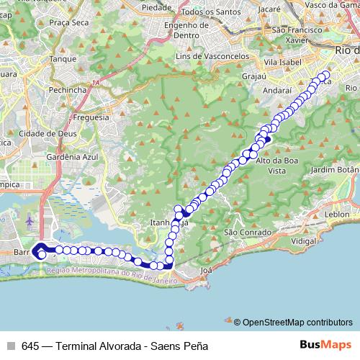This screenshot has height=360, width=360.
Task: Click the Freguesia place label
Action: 91,117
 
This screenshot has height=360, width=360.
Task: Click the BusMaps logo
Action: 325,345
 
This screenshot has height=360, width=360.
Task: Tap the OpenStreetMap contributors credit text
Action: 298,323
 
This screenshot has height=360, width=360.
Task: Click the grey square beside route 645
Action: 12,346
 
